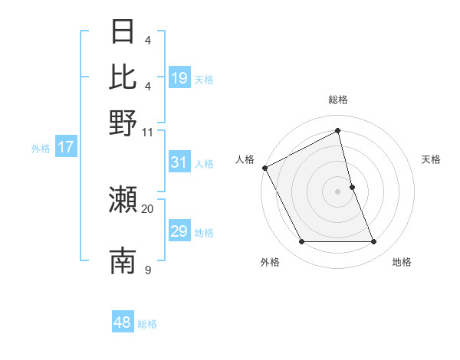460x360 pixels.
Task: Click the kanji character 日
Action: pos(123,33)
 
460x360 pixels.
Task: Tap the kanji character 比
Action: pos(123,77)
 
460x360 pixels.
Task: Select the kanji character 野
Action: pos(123,123)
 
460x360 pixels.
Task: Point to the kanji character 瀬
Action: pos(123,201)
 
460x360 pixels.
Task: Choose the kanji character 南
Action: pos(123,260)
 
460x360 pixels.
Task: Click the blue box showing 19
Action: pos(179,78)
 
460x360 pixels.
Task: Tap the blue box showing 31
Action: pos(179,162)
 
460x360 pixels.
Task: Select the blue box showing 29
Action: pos(179,231)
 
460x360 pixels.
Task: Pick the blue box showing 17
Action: pos(66,147)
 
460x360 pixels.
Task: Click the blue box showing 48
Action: pos(123,322)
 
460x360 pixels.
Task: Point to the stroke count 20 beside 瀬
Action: pos(147,208)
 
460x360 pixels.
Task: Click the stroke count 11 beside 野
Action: pos(147,131)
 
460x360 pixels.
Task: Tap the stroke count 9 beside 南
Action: pos(147,269)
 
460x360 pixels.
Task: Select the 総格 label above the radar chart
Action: pos(338,100)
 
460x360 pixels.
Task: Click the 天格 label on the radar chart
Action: pos(431,159)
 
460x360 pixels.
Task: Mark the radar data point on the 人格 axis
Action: pos(264,167)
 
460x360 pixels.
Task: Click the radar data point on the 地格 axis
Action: pos(374,242)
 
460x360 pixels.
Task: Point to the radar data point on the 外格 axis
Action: pos(301,242)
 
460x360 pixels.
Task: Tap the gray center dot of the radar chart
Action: pos(338,191)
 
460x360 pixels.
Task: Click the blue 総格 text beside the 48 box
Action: pos(147,324)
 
